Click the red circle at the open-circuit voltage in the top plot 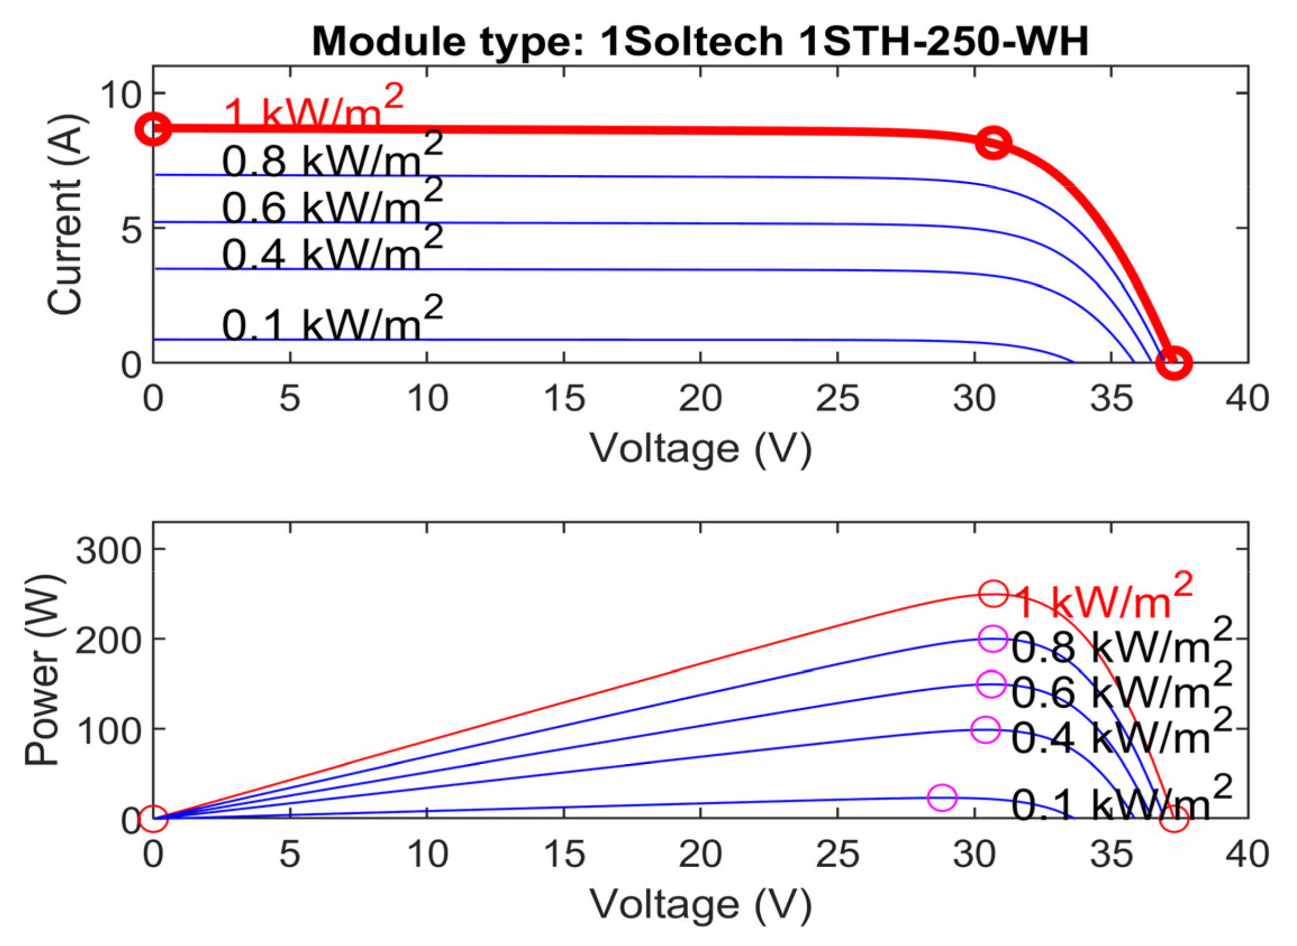coord(1173,363)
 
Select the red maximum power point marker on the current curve coord(993,143)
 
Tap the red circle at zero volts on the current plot coord(153,129)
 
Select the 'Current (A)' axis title coord(66,215)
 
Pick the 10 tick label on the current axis coord(120,94)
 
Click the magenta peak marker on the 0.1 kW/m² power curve coord(942,797)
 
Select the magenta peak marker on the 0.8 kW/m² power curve coord(993,639)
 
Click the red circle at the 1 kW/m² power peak coord(993,594)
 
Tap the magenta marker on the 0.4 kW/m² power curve coord(986,730)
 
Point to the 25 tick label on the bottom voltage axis coord(837,855)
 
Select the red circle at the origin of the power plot coord(153,818)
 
